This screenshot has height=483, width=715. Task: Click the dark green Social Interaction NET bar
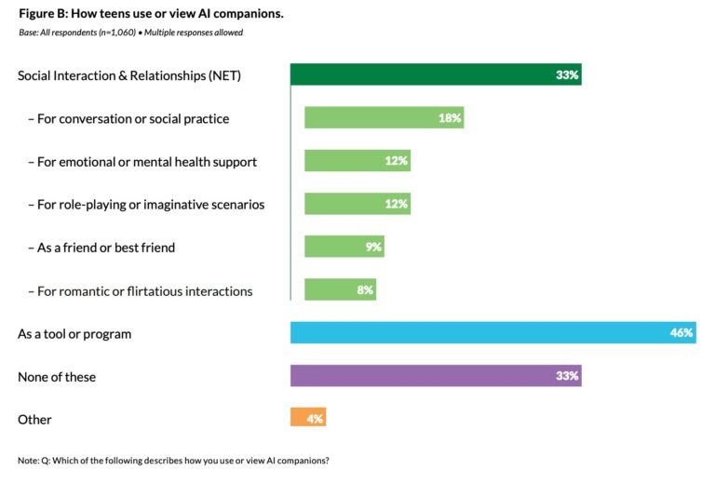tap(435, 74)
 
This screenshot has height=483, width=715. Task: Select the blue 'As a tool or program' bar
tap(492, 333)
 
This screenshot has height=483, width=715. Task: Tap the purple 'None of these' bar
tap(435, 376)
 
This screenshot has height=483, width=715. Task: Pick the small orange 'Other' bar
tap(307, 419)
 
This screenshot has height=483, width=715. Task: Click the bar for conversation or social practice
tap(383, 118)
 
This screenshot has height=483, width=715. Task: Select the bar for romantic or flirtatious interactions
tap(340, 290)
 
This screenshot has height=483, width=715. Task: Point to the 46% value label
tap(681, 333)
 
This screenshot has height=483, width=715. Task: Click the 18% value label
tap(450, 118)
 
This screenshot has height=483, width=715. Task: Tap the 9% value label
tap(373, 248)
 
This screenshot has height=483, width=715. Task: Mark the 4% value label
tap(315, 419)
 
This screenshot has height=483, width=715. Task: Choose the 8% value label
tap(364, 290)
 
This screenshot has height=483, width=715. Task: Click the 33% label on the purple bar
tap(567, 376)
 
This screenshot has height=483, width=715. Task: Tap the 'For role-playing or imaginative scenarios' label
tap(146, 205)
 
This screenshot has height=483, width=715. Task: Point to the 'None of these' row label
tap(57, 377)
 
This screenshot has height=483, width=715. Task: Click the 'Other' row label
tap(34, 420)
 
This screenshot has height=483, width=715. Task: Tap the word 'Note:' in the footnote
tap(29, 462)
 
